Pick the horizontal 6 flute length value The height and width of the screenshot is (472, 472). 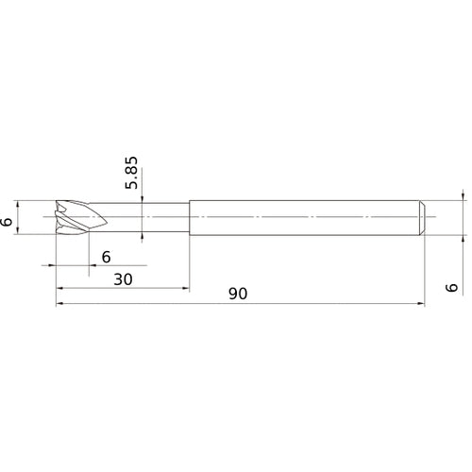point(106,257)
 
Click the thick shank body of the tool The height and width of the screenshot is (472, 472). point(302,217)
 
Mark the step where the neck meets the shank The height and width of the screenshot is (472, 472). point(189,217)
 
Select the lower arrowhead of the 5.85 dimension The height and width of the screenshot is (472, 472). point(141,238)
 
